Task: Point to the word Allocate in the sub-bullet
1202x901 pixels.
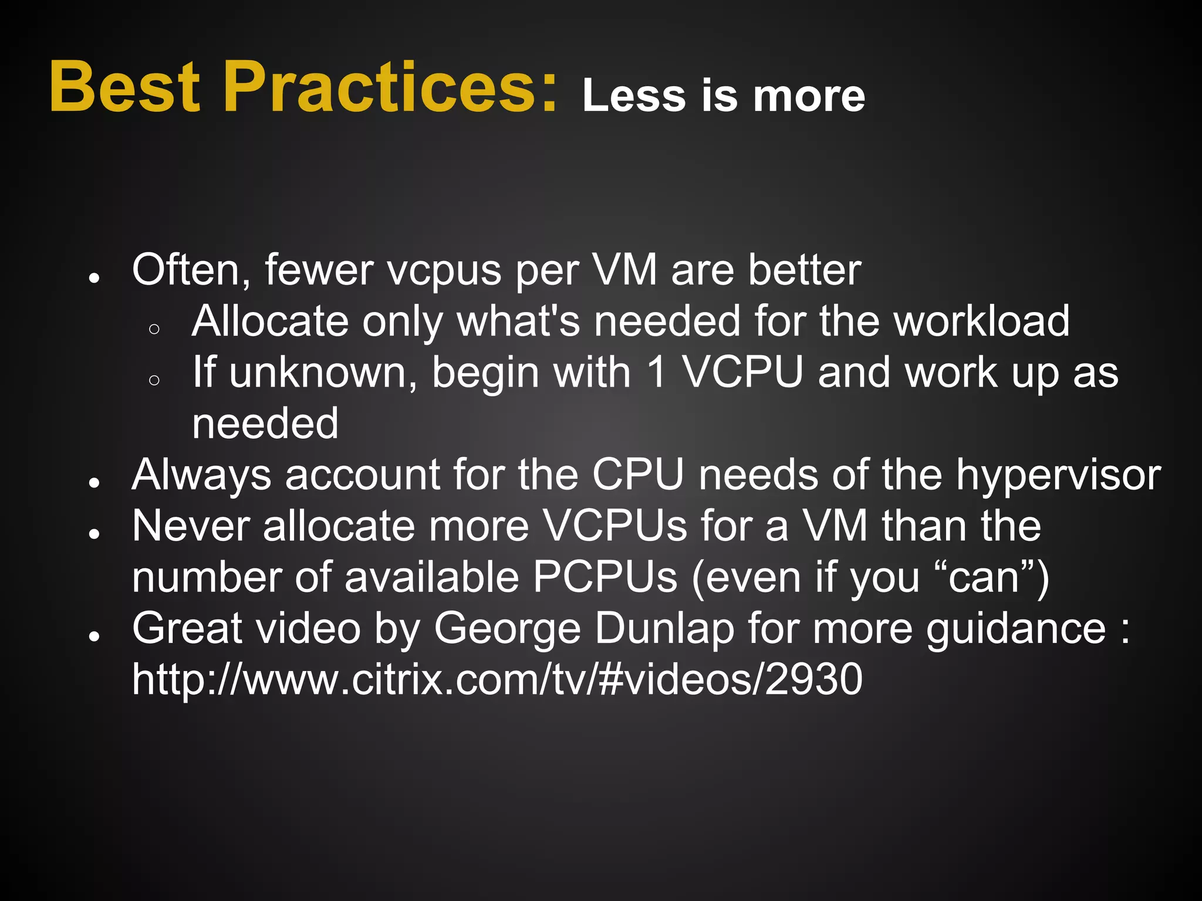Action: [270, 321]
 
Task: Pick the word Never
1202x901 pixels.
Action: [191, 526]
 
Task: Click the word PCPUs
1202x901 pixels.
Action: [605, 577]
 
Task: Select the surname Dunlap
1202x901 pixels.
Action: [664, 629]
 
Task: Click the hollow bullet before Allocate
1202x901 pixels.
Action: [154, 329]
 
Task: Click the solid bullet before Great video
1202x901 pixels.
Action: [93, 636]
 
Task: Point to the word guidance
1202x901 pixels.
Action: [1016, 629]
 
